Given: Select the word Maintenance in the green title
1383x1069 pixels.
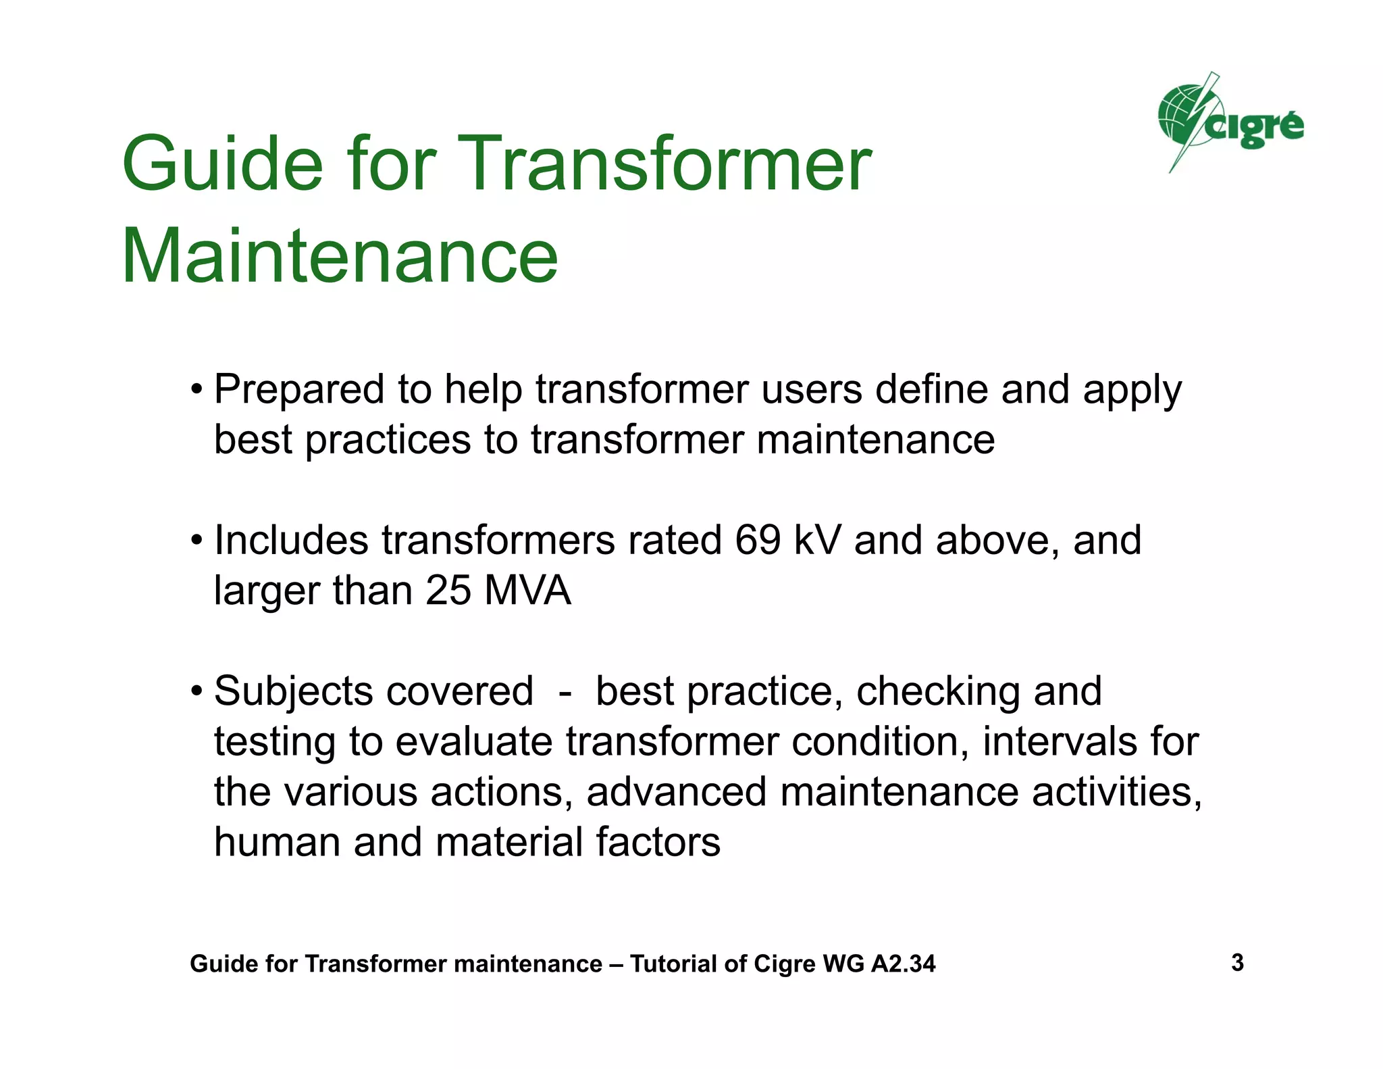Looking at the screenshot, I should [x=340, y=257].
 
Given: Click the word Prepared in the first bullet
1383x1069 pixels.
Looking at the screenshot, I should [x=300, y=391].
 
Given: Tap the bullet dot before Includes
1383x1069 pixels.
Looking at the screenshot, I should [x=197, y=541].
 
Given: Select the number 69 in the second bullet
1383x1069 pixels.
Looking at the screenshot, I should [x=758, y=541].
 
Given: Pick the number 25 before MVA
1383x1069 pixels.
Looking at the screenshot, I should [x=448, y=591].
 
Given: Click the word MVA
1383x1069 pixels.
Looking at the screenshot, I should [x=527, y=591].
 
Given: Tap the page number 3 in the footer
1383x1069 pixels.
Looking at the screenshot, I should [x=1237, y=962].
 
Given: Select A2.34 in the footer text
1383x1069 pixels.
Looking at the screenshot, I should [x=903, y=964].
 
